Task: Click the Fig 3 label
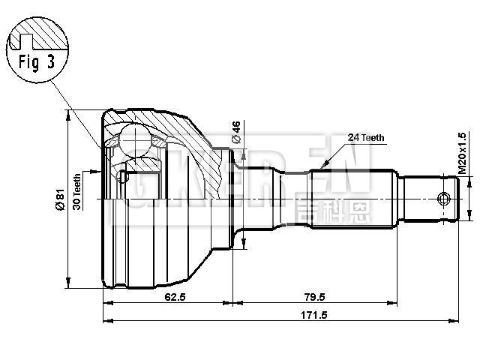tap(36, 62)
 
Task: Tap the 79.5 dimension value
tap(315, 296)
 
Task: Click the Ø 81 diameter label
tap(59, 199)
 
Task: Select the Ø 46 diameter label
tap(235, 132)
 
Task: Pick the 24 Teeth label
tap(366, 137)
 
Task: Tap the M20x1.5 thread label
tap(463, 154)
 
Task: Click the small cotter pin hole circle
tap(443, 199)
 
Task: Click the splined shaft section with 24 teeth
tap(352, 199)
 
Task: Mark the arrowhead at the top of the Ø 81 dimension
tap(70, 113)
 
